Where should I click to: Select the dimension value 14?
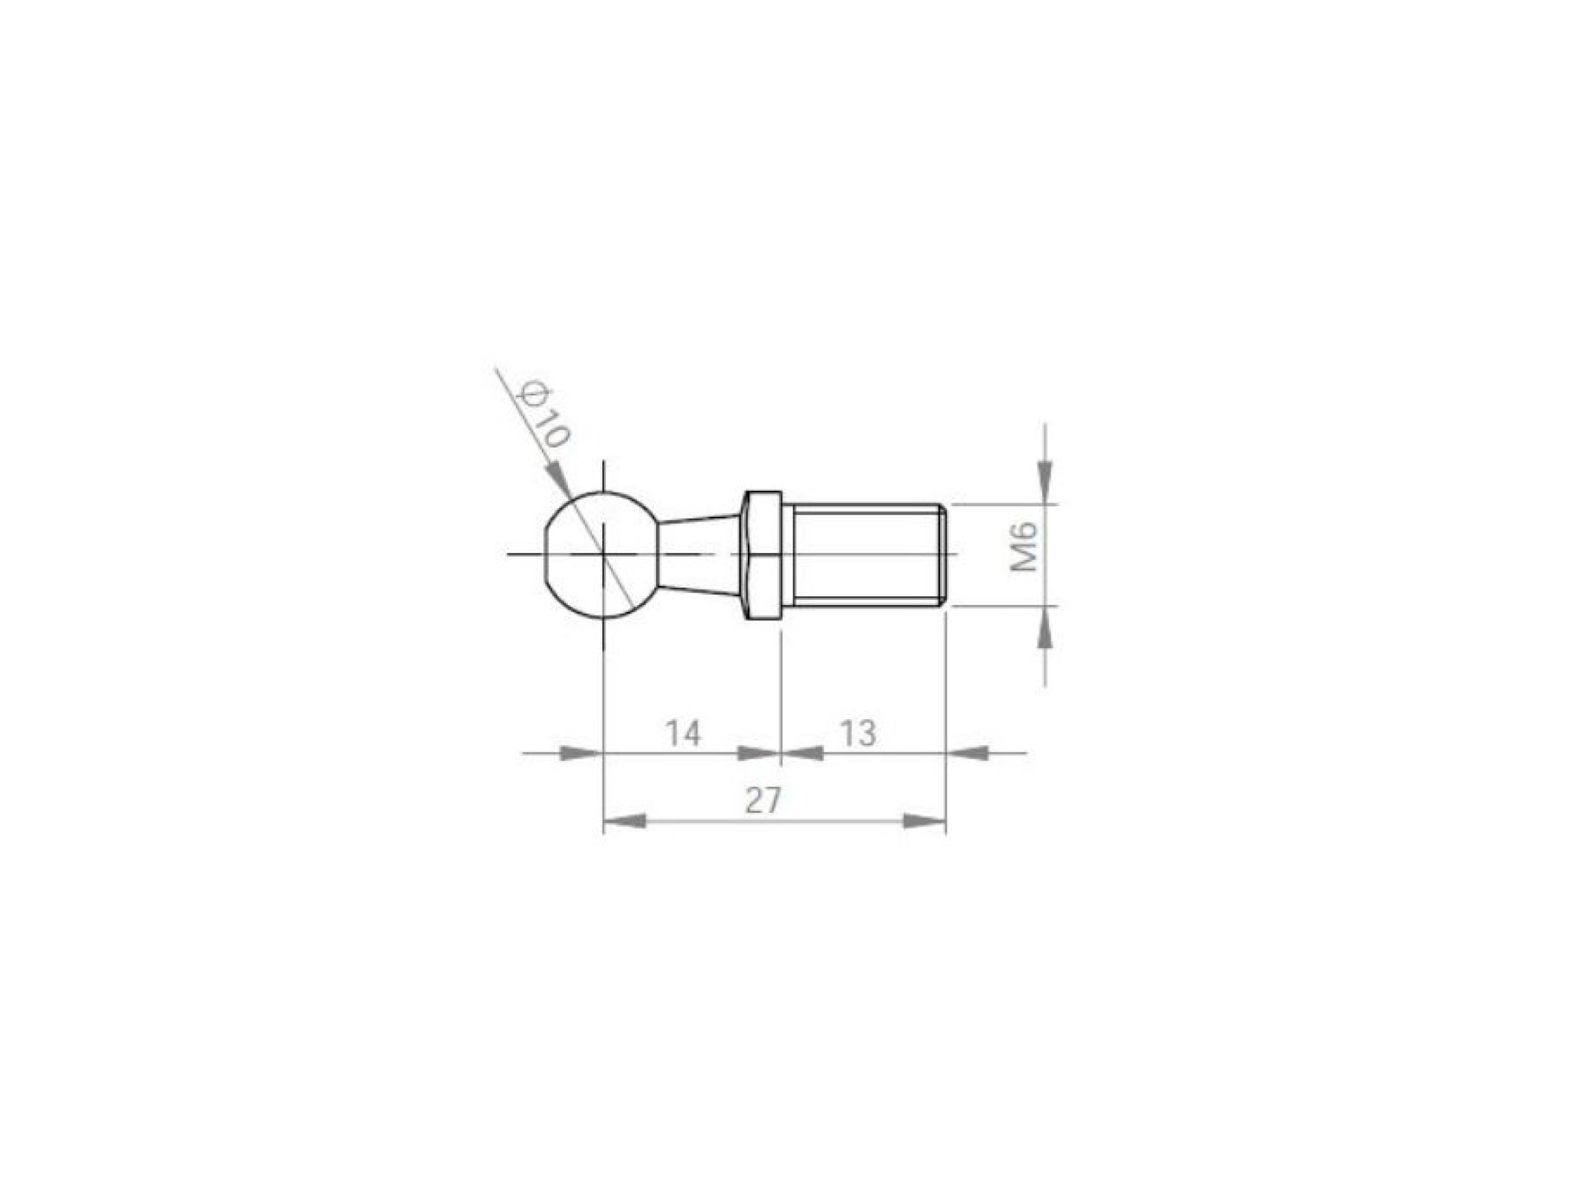[x=683, y=733]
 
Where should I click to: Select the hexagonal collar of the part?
[x=763, y=554]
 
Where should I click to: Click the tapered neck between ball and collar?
[x=696, y=554]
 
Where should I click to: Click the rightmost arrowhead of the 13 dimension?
[x=968, y=752]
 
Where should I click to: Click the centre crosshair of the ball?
[x=604, y=554]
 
